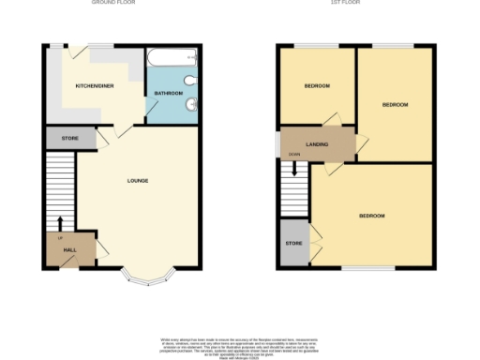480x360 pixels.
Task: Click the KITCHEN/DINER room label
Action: [95, 85]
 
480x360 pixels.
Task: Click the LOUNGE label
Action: [137, 180]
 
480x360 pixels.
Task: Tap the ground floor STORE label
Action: [70, 138]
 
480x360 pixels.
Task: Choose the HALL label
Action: [69, 250]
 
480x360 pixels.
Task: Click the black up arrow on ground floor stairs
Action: [61, 223]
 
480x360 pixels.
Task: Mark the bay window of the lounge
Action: [150, 276]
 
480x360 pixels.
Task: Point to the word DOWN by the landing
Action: [294, 153]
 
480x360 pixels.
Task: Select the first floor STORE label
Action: [293, 244]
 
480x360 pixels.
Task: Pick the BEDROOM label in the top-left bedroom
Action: [316, 86]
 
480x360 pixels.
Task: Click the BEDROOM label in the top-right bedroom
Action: [395, 104]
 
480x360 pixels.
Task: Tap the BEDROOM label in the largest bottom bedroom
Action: [371, 216]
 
